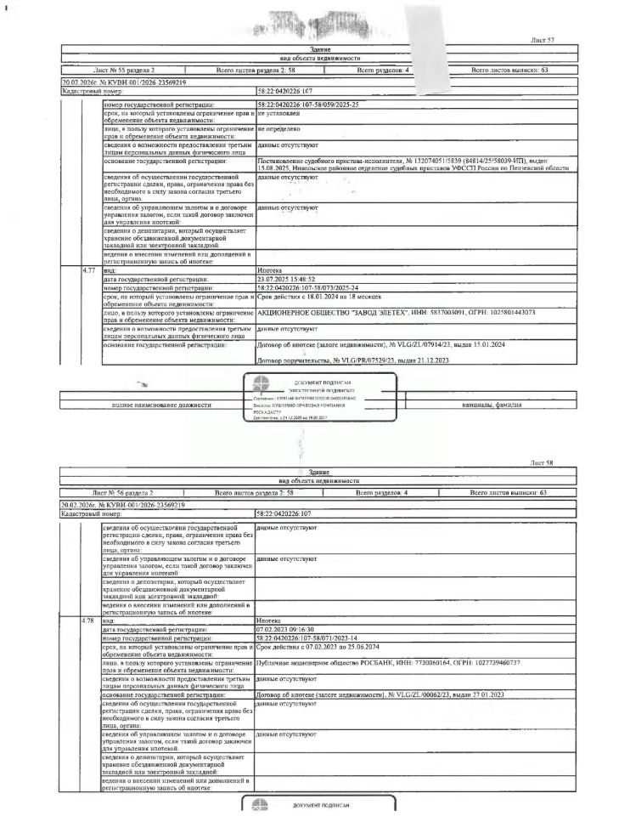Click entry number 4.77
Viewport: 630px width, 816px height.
[x=87, y=268]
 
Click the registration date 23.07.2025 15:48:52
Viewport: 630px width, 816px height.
[x=285, y=278]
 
